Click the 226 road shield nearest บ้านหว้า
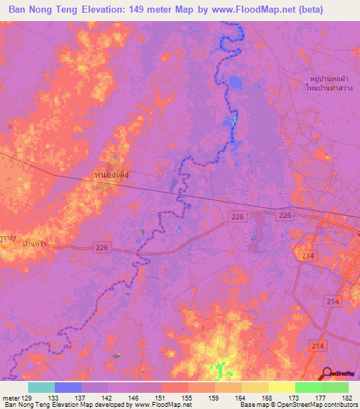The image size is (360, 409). [x=102, y=247]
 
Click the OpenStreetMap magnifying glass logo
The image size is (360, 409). [x=328, y=374]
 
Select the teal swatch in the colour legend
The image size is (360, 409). [x=41, y=387]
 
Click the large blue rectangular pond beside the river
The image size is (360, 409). [x=234, y=83]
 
